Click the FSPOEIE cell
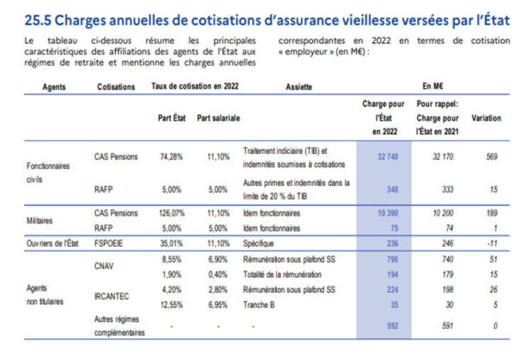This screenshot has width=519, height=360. tap(109, 244)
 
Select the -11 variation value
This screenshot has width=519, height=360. tap(490, 244)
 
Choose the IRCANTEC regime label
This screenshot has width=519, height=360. tap(113, 297)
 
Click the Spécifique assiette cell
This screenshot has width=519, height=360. tap(263, 244)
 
